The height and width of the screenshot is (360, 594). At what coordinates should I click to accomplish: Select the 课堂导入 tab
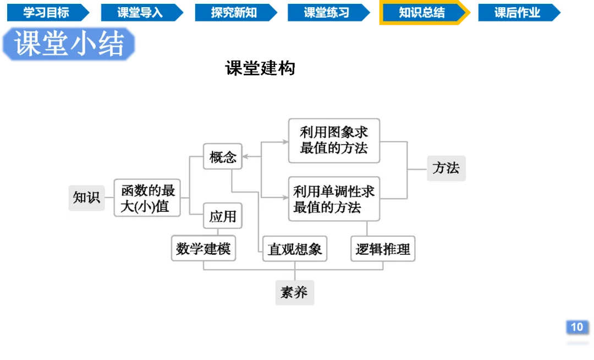pos(140,13)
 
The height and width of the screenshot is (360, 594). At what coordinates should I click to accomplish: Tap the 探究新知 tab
pos(233,13)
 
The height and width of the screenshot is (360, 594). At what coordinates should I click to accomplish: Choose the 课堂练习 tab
pos(327,13)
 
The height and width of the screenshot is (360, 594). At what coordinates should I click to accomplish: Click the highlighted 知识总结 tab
pos(422,13)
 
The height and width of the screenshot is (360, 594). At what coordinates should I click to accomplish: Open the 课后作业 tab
pos(517,13)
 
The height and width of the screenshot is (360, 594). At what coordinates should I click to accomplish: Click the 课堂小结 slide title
pos(69,44)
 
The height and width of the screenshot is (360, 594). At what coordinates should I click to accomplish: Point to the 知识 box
pos(86,197)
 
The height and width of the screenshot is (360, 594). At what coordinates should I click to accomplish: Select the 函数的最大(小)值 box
pos(148,199)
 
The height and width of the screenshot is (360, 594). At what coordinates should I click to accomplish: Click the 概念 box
pos(223,157)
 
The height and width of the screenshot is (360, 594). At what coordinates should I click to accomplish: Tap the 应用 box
pos(223,216)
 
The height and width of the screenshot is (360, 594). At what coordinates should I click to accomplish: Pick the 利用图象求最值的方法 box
pos(334,140)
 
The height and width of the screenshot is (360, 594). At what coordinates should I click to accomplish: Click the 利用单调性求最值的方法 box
pos(334,199)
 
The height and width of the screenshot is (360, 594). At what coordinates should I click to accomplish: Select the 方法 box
pos(446,168)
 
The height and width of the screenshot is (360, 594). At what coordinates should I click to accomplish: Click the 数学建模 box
pos(203,249)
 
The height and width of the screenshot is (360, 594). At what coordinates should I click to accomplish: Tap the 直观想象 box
pos(294,249)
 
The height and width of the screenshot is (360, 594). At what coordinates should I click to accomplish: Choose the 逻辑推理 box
pos(383,249)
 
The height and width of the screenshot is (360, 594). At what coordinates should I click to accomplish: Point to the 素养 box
pos(294,292)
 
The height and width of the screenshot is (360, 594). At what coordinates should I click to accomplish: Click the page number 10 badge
pos(576,327)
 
